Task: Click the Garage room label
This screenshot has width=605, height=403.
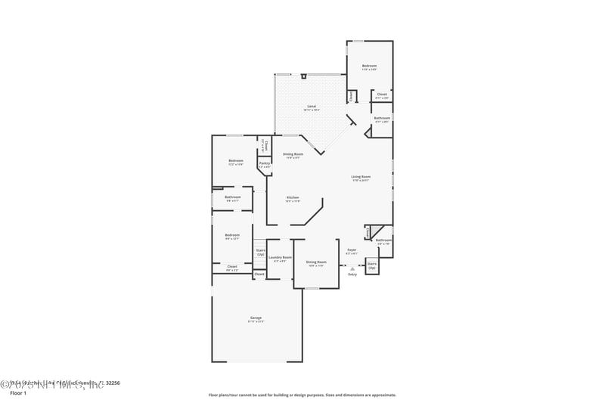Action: [256, 318]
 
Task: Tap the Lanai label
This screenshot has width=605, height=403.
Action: [311, 107]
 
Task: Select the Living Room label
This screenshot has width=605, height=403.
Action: [361, 178]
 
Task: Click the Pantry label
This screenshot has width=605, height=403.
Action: [264, 164]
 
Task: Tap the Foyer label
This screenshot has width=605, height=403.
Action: [352, 250]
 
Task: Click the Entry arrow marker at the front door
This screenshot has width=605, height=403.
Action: [352, 267]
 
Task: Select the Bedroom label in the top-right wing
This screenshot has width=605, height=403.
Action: [369, 67]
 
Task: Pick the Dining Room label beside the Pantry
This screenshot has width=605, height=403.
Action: [293, 155]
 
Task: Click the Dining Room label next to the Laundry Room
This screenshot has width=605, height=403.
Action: [316, 262]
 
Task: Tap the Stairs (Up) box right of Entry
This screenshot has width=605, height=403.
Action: [371, 265]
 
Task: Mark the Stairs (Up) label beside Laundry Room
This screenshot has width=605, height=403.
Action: [260, 252]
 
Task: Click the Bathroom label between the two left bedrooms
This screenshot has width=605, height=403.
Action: [233, 198]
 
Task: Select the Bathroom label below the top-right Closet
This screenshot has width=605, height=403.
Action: [381, 119]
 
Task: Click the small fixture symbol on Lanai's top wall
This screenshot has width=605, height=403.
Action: [303, 76]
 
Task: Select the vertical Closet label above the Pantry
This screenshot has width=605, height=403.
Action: [264, 145]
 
